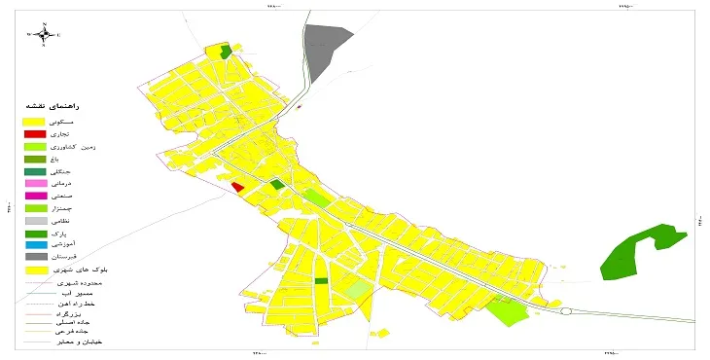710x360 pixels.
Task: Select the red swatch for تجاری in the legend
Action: (35, 133)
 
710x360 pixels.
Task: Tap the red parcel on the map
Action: (238, 187)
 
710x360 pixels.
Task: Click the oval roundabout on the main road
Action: (566, 312)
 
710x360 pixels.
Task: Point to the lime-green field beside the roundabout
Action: (506, 311)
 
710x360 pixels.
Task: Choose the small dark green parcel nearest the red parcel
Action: (277, 184)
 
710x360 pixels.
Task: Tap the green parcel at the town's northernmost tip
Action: (227, 53)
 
